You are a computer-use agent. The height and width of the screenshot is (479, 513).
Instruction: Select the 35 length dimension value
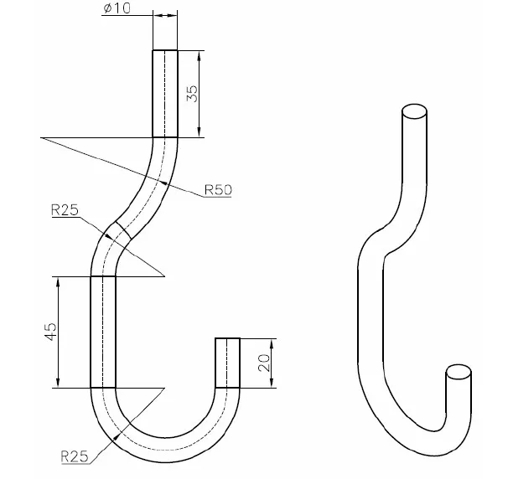tap(191, 93)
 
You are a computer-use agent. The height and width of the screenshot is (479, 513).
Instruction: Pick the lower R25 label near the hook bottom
tap(75, 456)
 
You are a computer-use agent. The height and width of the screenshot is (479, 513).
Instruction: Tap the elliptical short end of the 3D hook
tap(458, 372)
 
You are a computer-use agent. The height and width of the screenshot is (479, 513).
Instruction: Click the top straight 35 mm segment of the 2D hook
tap(165, 92)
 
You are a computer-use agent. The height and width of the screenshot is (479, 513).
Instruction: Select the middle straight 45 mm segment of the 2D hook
tap(103, 331)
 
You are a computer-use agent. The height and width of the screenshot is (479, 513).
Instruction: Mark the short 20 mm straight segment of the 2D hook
tap(227, 362)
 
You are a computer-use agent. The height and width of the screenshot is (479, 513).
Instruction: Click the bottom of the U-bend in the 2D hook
tap(165, 450)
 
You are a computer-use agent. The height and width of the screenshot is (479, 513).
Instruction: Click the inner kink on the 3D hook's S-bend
tap(385, 253)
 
